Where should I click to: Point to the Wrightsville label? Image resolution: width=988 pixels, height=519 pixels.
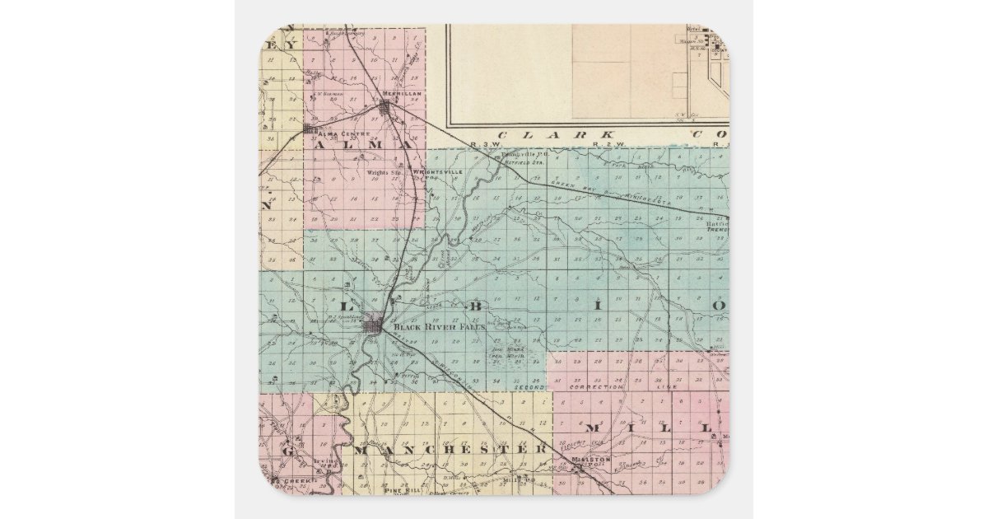click(442, 171)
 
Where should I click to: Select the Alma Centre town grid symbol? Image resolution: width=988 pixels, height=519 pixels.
click(310, 129)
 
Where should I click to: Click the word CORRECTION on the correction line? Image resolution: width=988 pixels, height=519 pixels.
click(599, 386)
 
